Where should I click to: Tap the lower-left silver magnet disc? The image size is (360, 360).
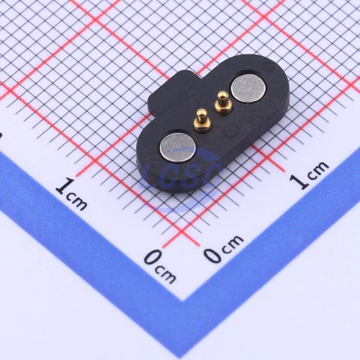[178, 147]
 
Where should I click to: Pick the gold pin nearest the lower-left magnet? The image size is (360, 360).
[202, 121]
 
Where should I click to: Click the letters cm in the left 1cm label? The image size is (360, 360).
[77, 202]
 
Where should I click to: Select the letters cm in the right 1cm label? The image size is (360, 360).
[318, 170]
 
